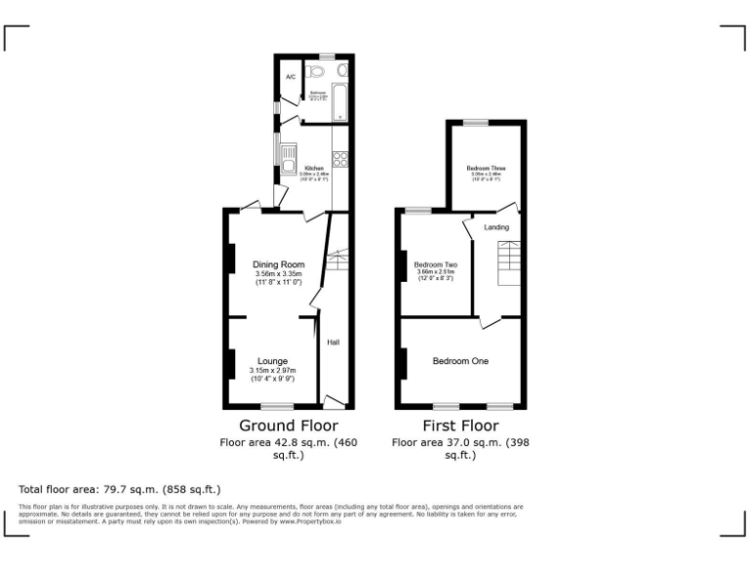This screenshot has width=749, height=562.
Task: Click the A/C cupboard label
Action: tap(290, 77)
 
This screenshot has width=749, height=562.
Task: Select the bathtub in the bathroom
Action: tap(339, 103)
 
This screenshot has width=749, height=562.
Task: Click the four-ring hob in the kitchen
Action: tap(340, 159)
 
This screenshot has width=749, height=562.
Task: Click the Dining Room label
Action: tap(279, 264)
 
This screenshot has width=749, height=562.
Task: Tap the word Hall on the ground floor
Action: tap(334, 342)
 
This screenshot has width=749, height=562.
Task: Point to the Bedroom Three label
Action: tap(486, 168)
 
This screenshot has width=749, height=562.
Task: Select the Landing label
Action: tap(496, 227)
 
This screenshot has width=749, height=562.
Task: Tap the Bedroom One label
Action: tap(460, 361)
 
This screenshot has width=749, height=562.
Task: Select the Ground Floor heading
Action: tap(289, 425)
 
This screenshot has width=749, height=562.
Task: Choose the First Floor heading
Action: tap(459, 425)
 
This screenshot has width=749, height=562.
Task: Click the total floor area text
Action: tap(120, 488)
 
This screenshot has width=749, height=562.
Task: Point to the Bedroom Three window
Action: tap(476, 122)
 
